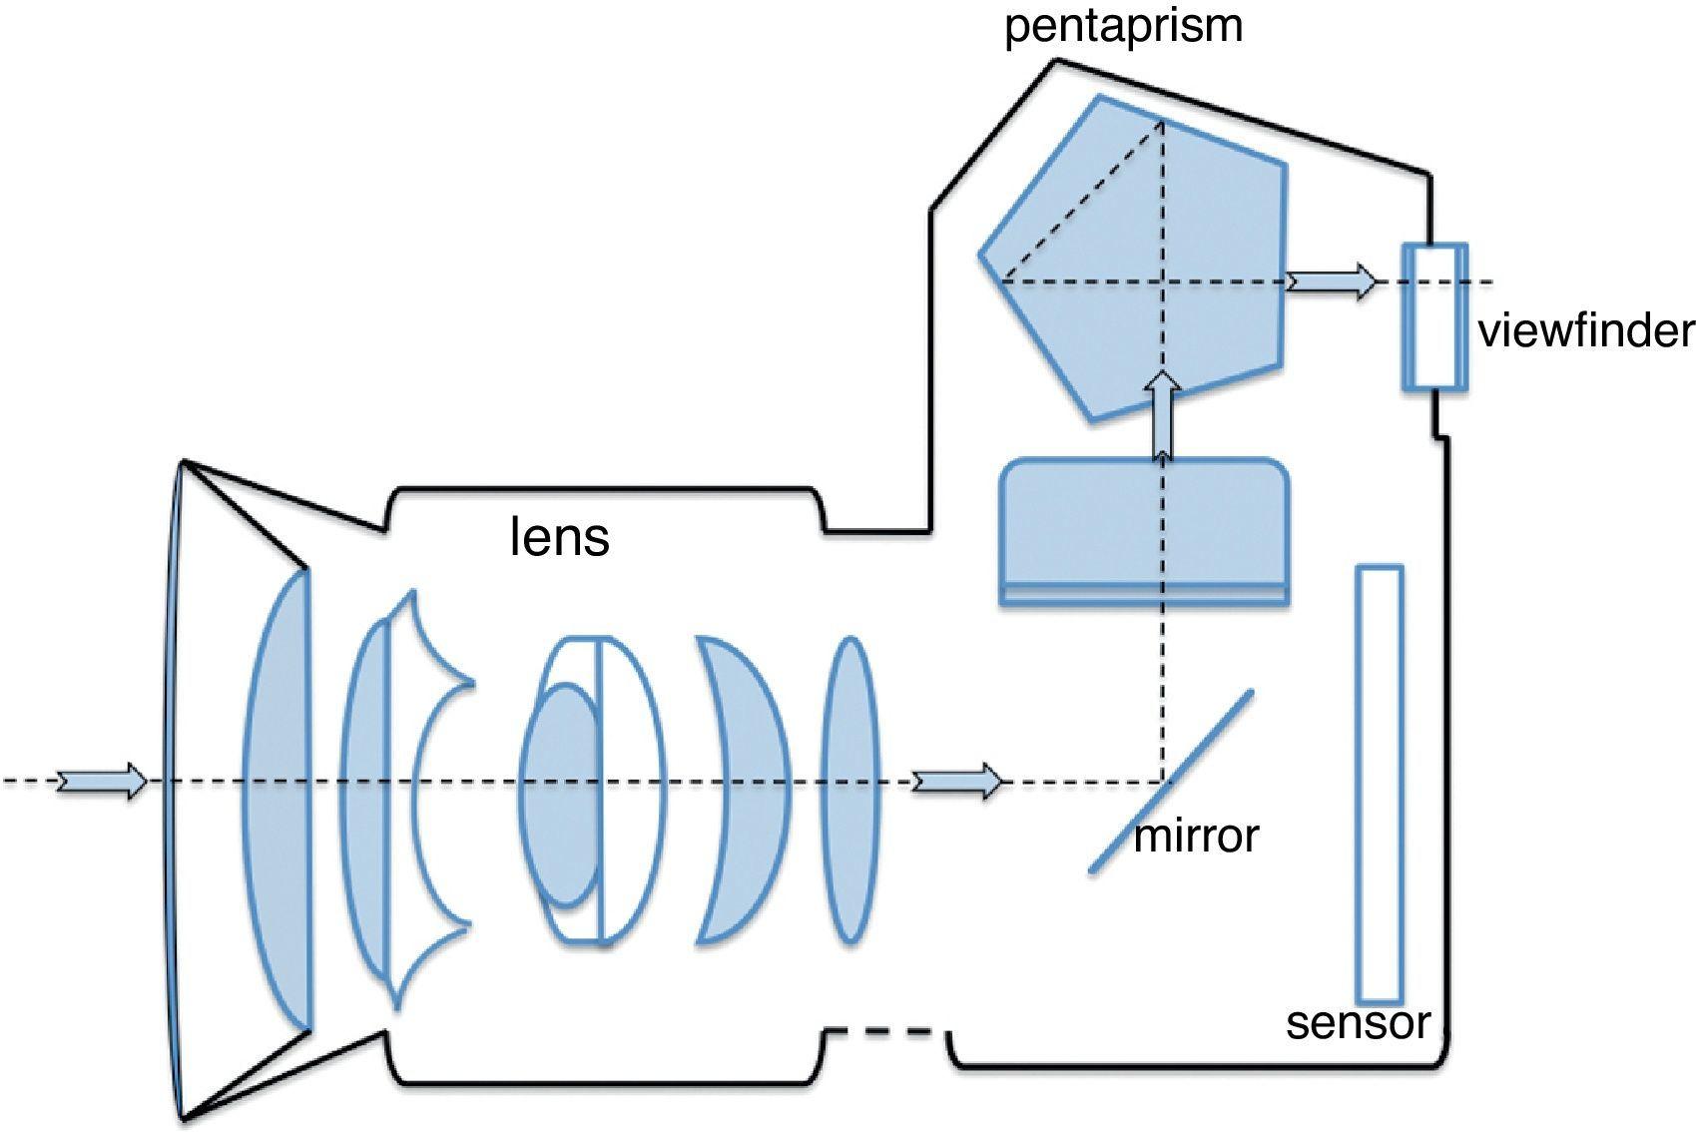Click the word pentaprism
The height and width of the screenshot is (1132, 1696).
(1123, 26)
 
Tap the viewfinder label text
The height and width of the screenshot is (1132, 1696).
(1585, 330)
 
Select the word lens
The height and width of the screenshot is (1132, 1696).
(559, 537)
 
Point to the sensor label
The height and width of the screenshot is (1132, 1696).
(1358, 1022)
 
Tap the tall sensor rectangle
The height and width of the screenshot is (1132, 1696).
(1379, 784)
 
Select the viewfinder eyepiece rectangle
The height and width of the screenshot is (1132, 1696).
(1434, 315)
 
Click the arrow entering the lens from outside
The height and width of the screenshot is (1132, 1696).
(101, 781)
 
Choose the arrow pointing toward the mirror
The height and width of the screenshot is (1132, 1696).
(957, 781)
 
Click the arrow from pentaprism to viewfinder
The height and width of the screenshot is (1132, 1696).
(1331, 283)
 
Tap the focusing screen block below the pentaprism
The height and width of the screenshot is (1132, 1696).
(1144, 529)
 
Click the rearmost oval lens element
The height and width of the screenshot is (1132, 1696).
(849, 789)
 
